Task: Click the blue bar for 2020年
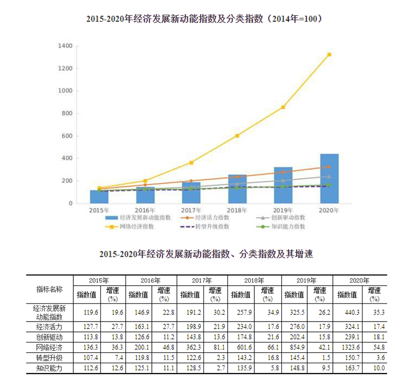(x=329, y=179)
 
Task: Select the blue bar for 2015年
(x=99, y=197)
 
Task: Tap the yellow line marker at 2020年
(x=329, y=55)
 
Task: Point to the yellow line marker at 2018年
(x=237, y=136)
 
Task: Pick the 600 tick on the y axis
(x=66, y=136)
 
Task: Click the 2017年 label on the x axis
(x=191, y=210)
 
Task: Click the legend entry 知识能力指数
(x=288, y=227)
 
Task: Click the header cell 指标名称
(x=49, y=289)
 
